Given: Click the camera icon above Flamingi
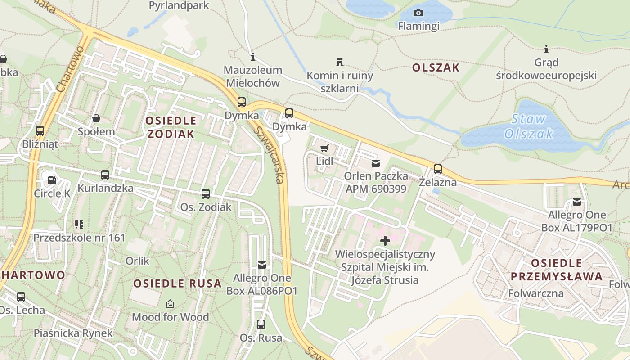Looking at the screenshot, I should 418,13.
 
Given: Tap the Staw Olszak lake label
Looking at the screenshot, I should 529,126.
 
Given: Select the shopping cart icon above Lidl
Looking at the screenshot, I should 324,148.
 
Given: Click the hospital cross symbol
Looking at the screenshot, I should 385,241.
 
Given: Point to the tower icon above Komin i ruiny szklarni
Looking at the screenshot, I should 340,62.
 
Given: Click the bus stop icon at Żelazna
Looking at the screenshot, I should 437,169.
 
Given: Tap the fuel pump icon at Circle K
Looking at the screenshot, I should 52,180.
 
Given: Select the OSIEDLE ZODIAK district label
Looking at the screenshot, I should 171,127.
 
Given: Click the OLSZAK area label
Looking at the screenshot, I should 436,68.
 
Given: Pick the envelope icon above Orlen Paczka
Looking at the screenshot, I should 375,163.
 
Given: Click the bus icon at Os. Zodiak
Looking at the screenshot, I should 206,194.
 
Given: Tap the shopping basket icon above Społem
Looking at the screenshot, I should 96,119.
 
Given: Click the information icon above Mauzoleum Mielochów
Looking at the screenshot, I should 253,57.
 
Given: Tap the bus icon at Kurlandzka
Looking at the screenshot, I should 105,175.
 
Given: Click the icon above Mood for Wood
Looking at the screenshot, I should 170,304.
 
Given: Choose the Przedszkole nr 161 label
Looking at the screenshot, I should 79,237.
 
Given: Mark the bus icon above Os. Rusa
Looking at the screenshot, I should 261,324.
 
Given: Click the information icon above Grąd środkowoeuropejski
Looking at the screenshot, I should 546,49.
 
